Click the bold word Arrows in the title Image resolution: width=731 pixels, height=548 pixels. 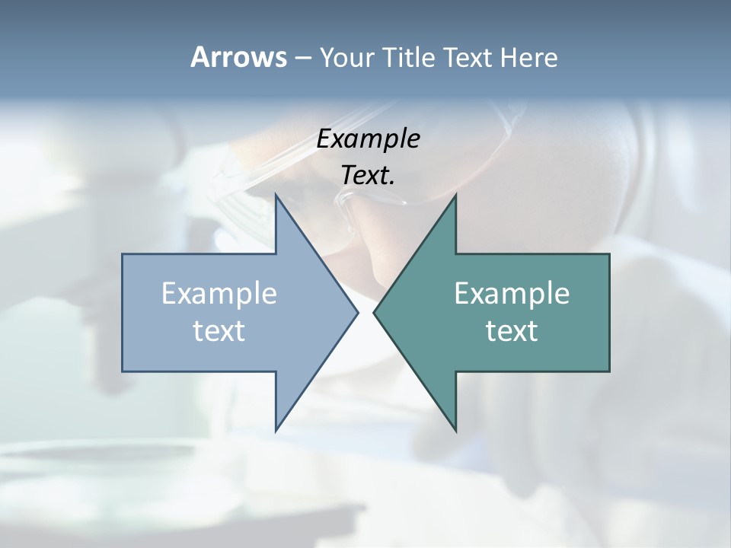click(238, 57)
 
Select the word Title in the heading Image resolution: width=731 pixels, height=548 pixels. click(408, 57)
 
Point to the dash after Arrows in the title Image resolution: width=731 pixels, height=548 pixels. click(302, 59)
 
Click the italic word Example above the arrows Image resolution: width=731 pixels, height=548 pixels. click(368, 139)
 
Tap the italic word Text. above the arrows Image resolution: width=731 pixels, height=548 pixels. click(368, 175)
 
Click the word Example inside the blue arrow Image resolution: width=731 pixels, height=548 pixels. click(219, 294)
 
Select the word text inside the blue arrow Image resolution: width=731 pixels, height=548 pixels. click(219, 331)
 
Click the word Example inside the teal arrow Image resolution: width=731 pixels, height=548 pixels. click(512, 294)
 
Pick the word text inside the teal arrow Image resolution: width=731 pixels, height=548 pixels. click(512, 331)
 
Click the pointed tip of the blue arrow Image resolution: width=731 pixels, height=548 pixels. click(356, 312)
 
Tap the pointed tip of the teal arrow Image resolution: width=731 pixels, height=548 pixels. click(375, 312)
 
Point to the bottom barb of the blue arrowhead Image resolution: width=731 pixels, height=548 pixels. click(276, 429)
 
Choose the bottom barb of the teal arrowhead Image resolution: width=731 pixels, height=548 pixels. click(455, 429)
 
